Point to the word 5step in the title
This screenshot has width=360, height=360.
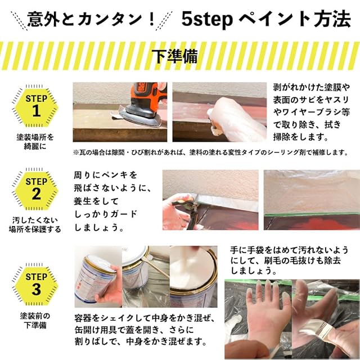click(x=207, y=20)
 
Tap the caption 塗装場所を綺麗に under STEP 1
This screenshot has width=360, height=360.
click(x=35, y=141)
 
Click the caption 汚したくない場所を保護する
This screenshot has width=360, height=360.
click(x=35, y=224)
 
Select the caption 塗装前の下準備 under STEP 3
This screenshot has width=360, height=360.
click(x=35, y=321)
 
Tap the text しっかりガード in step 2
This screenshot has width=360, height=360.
click(x=106, y=214)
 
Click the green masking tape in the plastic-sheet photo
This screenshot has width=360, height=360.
click(x=312, y=214)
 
